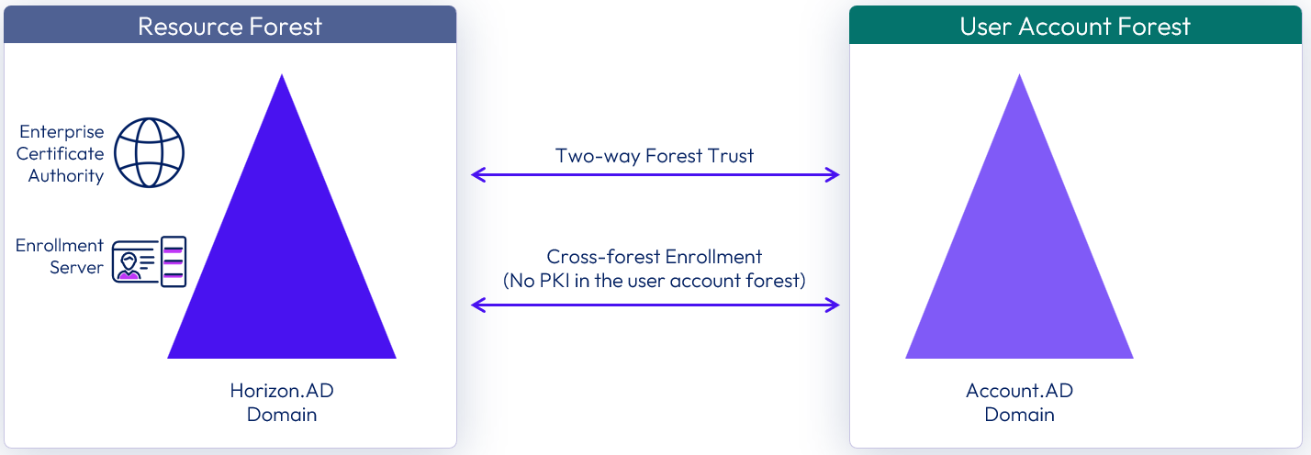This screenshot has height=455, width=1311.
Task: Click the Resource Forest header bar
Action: click(x=230, y=25)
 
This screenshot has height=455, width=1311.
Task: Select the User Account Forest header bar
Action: click(x=1075, y=25)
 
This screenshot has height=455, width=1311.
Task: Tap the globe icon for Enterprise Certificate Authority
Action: click(x=150, y=152)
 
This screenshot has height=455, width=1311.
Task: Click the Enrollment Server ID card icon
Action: click(x=150, y=261)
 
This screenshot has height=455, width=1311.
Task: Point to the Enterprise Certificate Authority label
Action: click(x=62, y=154)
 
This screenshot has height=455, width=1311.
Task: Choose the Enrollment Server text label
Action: click(x=60, y=257)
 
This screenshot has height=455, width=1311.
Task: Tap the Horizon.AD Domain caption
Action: click(x=282, y=403)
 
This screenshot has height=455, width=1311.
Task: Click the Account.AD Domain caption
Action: click(x=1019, y=403)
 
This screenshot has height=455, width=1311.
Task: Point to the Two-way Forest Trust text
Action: click(x=655, y=156)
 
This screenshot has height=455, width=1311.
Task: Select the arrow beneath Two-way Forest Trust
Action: click(x=655, y=175)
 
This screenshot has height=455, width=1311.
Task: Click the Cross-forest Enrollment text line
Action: click(x=655, y=257)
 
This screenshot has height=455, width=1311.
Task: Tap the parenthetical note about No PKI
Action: click(x=655, y=281)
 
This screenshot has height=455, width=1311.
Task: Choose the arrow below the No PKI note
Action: click(x=655, y=305)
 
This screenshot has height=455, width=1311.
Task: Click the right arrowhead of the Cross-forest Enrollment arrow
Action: click(x=834, y=305)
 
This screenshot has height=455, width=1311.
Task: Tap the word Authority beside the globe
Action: click(x=66, y=176)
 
